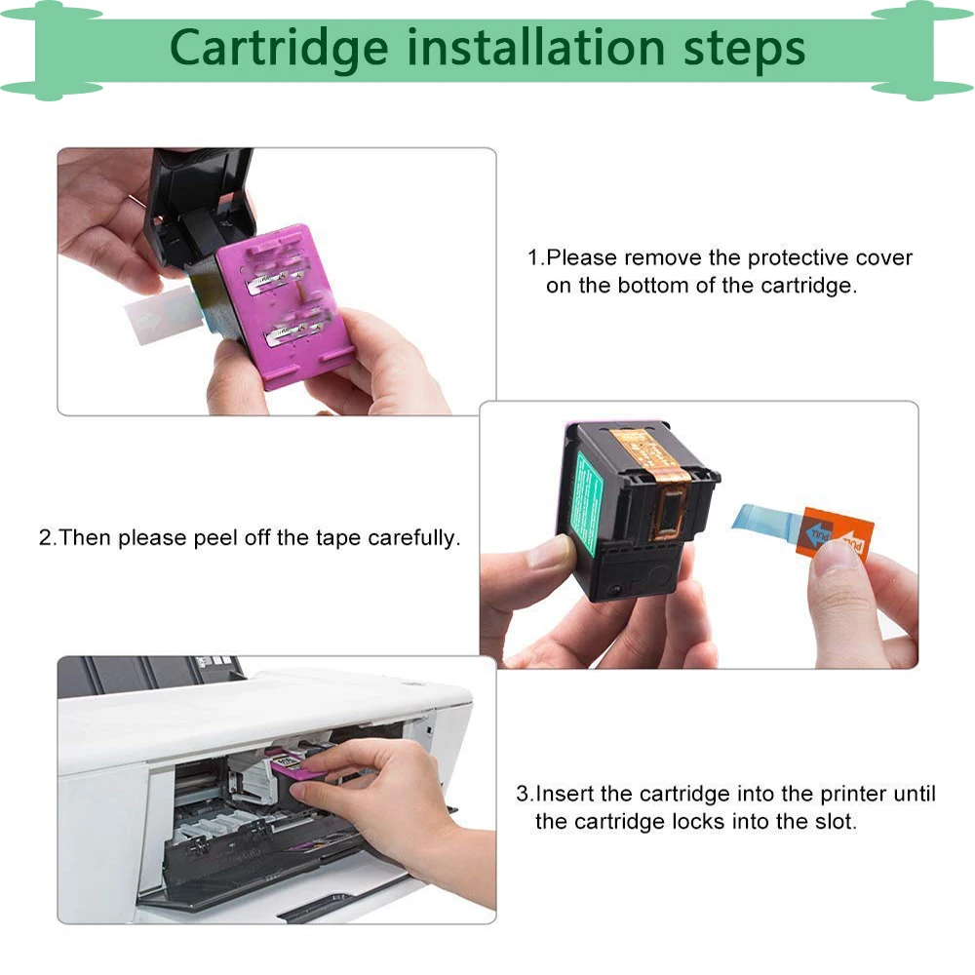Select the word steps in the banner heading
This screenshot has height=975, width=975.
pos(744,51)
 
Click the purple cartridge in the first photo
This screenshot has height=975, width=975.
pos(283,306)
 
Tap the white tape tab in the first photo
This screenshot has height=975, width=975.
pos(163,315)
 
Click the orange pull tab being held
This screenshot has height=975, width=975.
pos(835,533)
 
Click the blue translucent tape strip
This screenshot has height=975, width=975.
pos(764,521)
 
